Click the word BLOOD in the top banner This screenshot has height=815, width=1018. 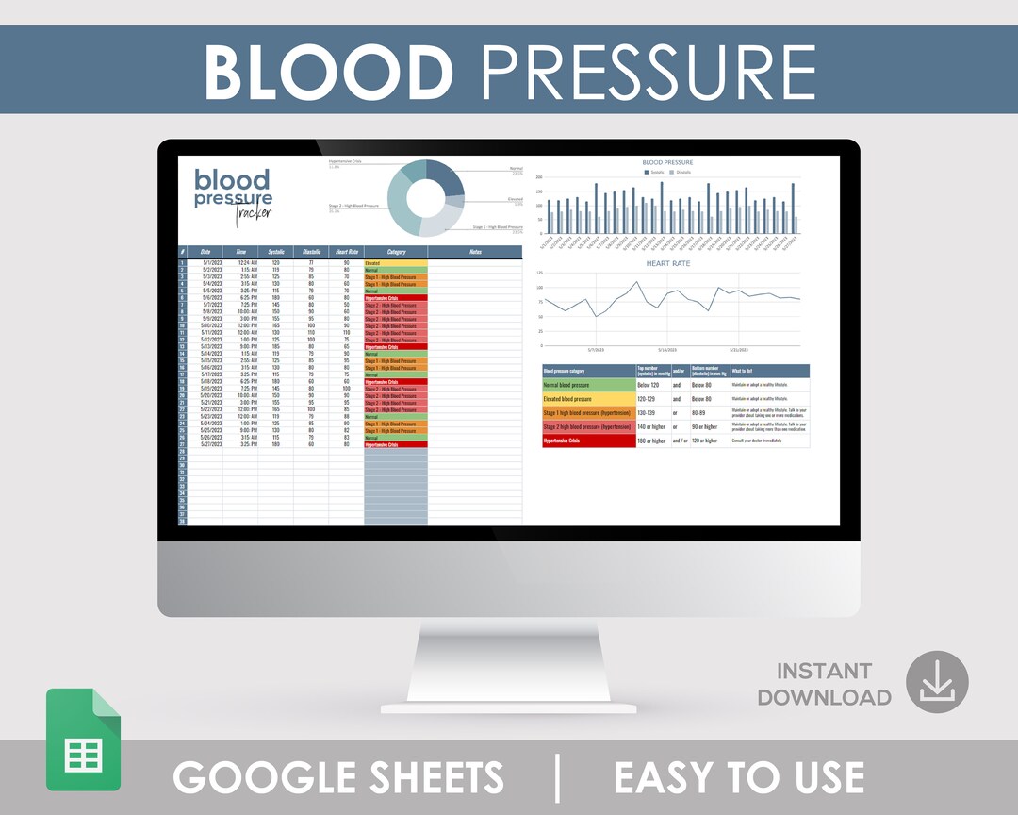[x=329, y=71]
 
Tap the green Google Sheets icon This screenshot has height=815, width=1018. [x=83, y=740]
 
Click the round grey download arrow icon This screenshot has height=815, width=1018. [x=937, y=682]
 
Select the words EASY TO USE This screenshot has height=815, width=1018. [x=739, y=777]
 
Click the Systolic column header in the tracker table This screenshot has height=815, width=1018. [x=275, y=252]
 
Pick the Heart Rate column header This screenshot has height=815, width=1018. [x=346, y=252]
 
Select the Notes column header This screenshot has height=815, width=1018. [x=474, y=252]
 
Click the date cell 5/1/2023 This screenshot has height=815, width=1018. [x=210, y=262]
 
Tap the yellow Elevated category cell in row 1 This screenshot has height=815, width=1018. [x=395, y=262]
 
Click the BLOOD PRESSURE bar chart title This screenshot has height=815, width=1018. [x=667, y=162]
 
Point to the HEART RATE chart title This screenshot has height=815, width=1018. [x=667, y=264]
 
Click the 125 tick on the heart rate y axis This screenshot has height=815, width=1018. [x=539, y=274]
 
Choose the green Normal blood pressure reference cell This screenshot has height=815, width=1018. [x=589, y=385]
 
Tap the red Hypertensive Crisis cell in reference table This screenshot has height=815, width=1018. [x=589, y=441]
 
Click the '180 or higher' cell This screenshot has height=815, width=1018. [x=652, y=441]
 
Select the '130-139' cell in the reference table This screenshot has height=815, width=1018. [x=652, y=412]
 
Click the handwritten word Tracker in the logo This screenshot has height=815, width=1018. [x=253, y=211]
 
